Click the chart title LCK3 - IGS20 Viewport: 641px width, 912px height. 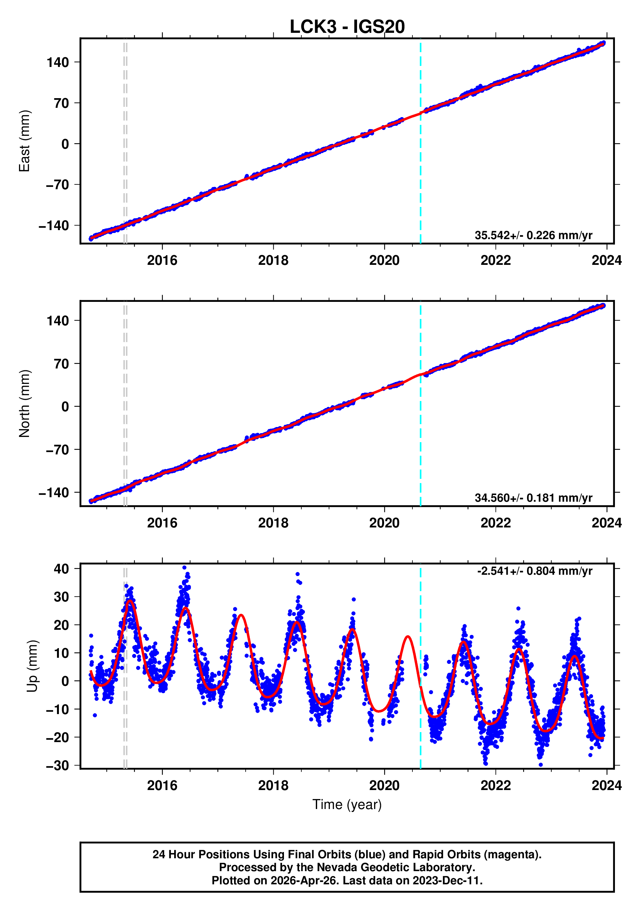[x=347, y=27]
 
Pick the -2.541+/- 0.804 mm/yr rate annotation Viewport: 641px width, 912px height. [x=534, y=571]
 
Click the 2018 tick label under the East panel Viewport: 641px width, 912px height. [x=273, y=261]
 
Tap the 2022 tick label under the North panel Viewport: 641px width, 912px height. [x=495, y=523]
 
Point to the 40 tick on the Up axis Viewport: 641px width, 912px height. [x=61, y=569]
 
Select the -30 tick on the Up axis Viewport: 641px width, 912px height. [x=58, y=766]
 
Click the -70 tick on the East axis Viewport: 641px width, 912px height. [x=58, y=185]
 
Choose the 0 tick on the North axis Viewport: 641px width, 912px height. [x=65, y=407]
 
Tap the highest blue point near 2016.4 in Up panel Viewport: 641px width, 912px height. [x=184, y=568]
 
